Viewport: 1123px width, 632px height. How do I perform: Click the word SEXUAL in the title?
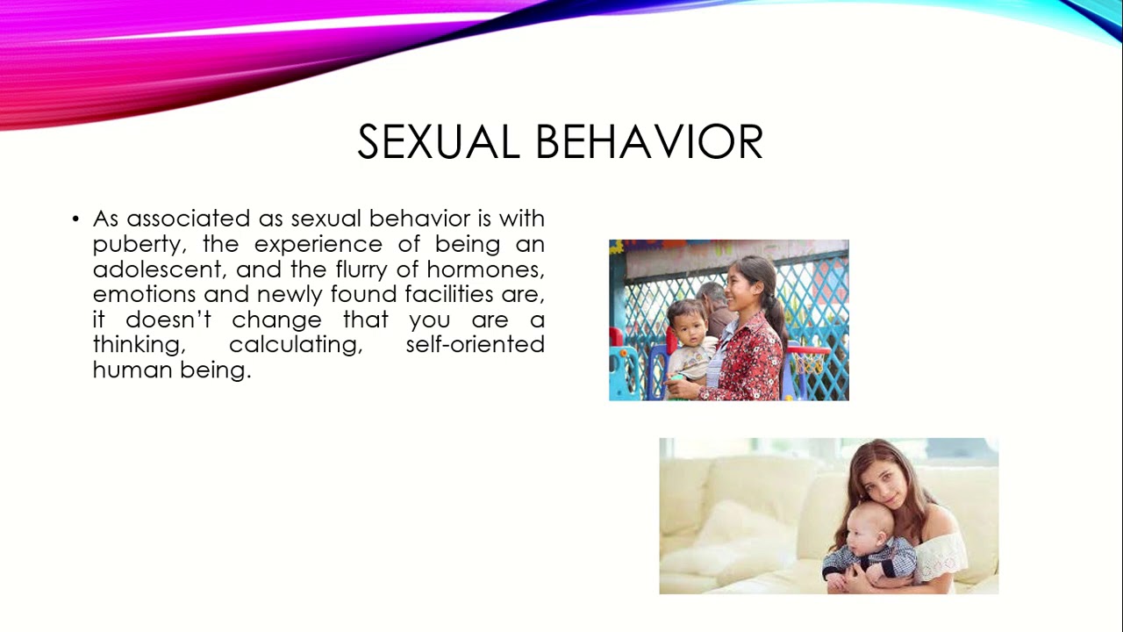438,142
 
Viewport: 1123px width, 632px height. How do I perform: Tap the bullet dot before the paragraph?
76,219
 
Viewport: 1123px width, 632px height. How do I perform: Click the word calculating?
296,345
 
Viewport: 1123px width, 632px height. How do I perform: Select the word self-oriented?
475,345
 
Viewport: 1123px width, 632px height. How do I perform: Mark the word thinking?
137,345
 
